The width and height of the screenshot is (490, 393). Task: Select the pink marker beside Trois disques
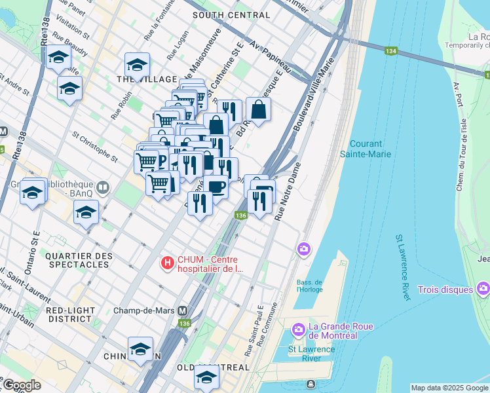pos(483,288)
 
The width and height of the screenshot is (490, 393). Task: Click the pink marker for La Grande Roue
pos(297,328)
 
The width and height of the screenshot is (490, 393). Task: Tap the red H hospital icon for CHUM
pos(168,263)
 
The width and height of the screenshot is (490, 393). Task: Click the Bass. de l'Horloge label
pos(310,284)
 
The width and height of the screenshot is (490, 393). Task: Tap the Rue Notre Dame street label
pos(287,190)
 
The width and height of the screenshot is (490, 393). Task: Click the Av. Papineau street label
pos(269,60)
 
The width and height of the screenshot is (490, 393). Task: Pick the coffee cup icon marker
pos(216,187)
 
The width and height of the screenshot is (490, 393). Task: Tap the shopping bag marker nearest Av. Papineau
pos(258,111)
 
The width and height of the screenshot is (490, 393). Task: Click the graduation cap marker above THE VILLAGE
pos(137,64)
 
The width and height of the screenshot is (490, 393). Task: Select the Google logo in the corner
pos(22,385)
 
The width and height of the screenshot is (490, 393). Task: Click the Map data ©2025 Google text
pos(449,388)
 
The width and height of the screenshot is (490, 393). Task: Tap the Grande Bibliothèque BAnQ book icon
pos(102,188)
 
